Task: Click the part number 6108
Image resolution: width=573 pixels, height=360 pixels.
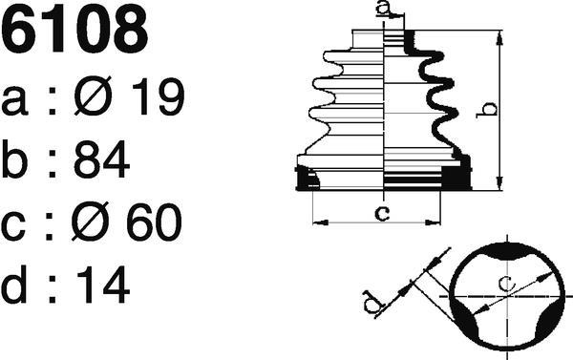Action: coord(74,29)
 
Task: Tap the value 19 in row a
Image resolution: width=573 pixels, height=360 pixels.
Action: coord(159,97)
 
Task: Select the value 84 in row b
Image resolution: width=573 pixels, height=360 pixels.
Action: coord(102,159)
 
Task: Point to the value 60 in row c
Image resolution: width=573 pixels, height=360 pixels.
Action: coord(154,222)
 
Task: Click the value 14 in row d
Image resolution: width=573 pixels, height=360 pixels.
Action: coord(103,285)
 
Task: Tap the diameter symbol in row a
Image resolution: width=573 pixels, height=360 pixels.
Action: coord(93,95)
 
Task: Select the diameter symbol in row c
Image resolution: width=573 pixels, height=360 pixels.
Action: coord(90,222)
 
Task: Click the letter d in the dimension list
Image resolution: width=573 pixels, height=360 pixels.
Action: coord(13,284)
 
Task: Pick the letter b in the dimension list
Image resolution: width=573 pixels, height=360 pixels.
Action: coord(14,159)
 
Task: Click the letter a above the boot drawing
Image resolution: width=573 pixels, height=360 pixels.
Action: coord(382,8)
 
